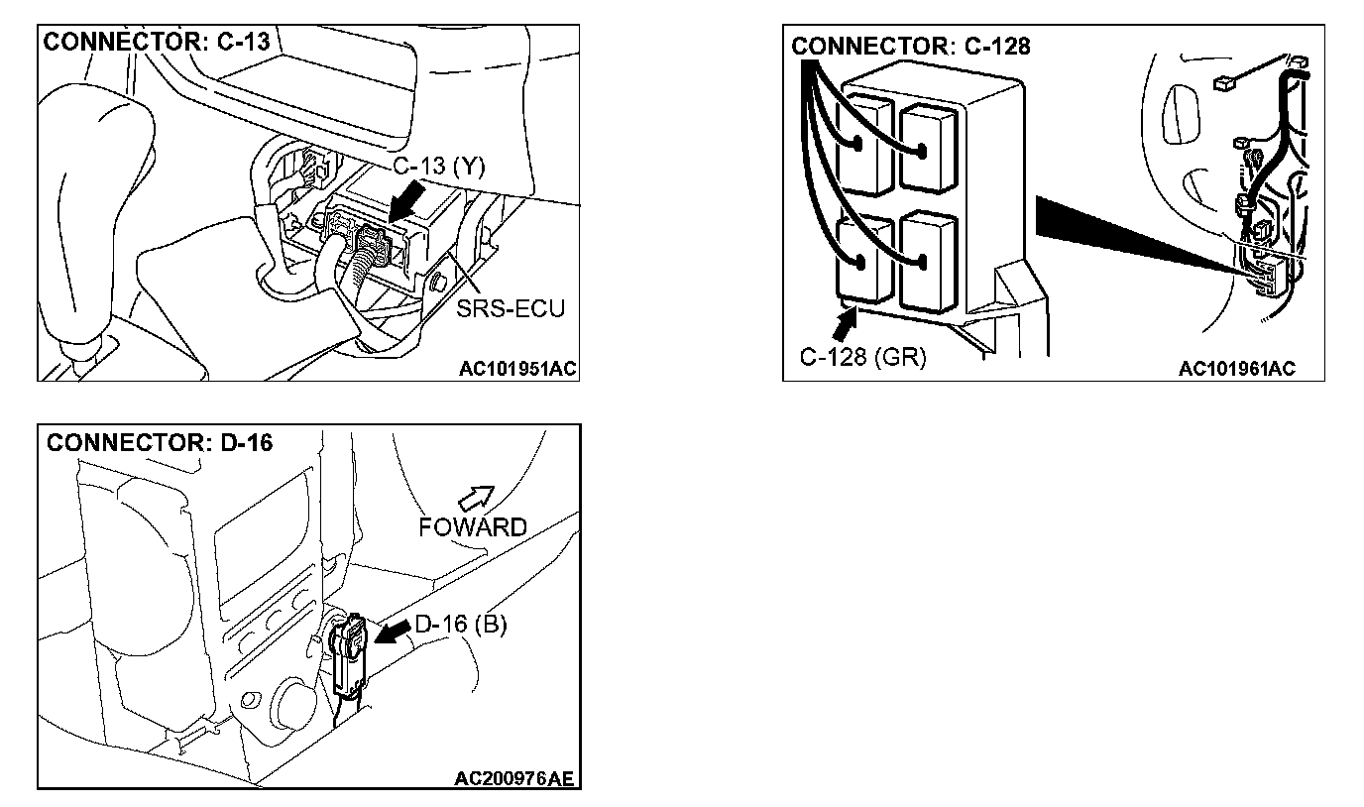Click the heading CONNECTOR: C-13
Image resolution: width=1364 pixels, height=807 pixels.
[156, 43]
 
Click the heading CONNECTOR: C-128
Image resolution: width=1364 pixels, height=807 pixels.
[911, 47]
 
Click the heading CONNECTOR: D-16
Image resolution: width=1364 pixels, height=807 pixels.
[160, 442]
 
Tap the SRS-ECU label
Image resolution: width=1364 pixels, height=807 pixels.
[511, 308]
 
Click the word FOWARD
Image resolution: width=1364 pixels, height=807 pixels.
[472, 527]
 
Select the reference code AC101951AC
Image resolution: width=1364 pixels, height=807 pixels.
[517, 370]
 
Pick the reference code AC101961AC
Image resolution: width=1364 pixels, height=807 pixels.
[1236, 370]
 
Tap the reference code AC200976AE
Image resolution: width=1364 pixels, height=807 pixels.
[513, 779]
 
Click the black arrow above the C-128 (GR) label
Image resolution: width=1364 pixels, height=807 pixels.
[845, 323]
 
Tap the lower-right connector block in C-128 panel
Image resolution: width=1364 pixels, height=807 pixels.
[929, 260]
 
